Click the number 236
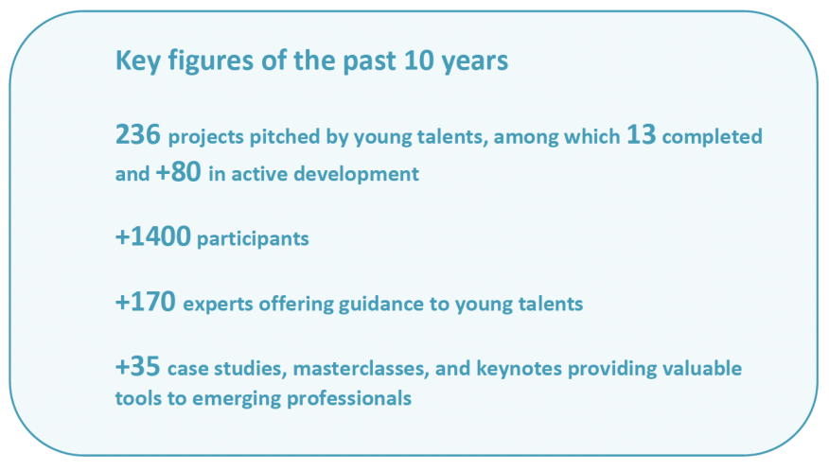[x=138, y=134]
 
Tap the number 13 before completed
[x=642, y=134]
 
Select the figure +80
[x=178, y=172]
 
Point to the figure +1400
[x=152, y=236]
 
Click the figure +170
[x=146, y=302]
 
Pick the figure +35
[x=138, y=366]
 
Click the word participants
[x=253, y=239]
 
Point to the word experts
[x=218, y=305]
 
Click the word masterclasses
[x=361, y=369]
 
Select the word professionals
[x=349, y=398]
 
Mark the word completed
[x=713, y=137]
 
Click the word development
[x=357, y=174]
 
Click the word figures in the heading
[x=211, y=61]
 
